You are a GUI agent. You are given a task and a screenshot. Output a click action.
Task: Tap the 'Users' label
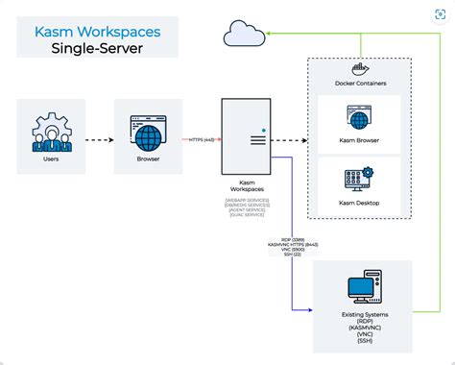click(51, 159)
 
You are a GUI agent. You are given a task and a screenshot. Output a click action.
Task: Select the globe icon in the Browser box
click(148, 130)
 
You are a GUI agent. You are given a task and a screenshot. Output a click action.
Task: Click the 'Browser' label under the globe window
click(148, 159)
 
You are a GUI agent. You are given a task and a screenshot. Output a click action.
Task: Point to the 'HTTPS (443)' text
click(202, 139)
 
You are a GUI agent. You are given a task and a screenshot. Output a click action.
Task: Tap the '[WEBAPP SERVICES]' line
click(248, 200)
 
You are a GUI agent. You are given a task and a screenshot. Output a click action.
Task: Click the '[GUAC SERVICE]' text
click(248, 217)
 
